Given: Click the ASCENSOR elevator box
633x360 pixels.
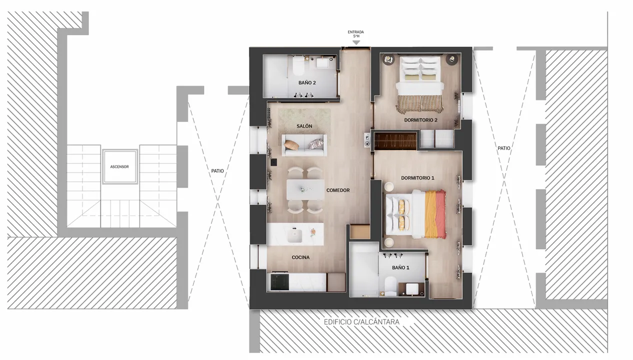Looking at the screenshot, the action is (x=120, y=166).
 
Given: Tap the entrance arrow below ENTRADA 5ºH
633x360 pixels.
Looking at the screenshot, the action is (x=356, y=42).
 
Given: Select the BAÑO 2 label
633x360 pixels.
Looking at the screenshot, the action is (x=307, y=83).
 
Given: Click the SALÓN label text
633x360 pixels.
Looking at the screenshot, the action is (x=304, y=126).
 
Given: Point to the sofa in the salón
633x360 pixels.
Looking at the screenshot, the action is (x=304, y=145).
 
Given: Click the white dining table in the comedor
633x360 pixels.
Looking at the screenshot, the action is (x=305, y=189).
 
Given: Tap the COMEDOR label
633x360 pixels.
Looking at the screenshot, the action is (x=338, y=190).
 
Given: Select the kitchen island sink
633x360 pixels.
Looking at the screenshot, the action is (x=294, y=236).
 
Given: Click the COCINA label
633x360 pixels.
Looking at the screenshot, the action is (x=300, y=257).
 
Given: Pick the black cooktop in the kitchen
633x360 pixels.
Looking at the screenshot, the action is (x=280, y=281).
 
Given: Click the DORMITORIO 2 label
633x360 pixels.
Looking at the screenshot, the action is (x=421, y=120).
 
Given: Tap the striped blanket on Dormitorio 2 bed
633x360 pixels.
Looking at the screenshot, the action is (x=419, y=104).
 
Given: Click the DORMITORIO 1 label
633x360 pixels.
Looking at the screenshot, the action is (x=417, y=178).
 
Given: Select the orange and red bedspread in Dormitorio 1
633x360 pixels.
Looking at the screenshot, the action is (x=435, y=214).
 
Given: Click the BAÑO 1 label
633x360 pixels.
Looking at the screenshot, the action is (x=400, y=267).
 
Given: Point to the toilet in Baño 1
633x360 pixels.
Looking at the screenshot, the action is (x=391, y=285).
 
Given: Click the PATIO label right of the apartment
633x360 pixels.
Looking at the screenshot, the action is (x=504, y=148).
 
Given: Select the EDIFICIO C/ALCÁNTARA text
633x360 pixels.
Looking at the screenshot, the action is (x=361, y=322).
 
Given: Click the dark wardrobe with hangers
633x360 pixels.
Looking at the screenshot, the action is (x=395, y=140).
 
